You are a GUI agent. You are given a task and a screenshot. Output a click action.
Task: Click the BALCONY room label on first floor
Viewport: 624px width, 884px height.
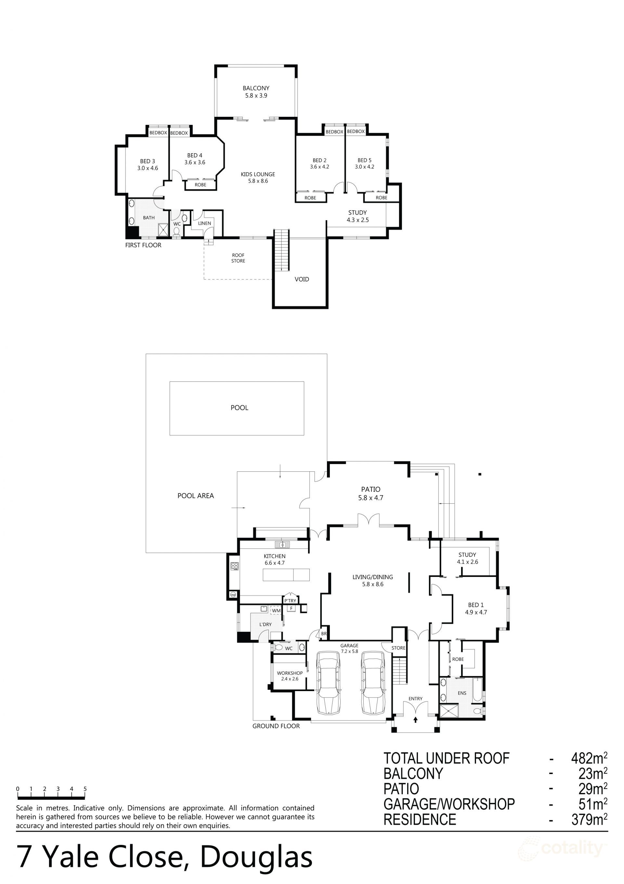pyautogui.click(x=256, y=88)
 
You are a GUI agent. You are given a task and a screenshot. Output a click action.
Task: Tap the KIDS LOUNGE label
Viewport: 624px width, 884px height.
pyautogui.click(x=258, y=174)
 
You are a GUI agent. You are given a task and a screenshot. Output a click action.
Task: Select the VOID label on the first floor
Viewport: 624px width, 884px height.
pyautogui.click(x=302, y=279)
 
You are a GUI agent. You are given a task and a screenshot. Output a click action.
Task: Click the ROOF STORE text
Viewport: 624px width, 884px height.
pyautogui.click(x=238, y=258)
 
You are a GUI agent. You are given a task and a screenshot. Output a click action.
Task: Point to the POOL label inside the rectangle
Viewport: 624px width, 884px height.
pyautogui.click(x=239, y=408)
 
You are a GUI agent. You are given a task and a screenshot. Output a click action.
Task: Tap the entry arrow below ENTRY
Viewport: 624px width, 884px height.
pyautogui.click(x=415, y=719)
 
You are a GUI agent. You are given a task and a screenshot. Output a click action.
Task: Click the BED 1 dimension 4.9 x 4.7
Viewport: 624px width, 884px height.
pyautogui.click(x=476, y=612)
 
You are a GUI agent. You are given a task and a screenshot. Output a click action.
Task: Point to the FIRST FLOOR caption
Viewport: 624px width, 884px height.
pyautogui.click(x=143, y=245)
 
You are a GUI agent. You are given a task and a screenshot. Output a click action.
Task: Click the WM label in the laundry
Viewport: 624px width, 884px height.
pyautogui.click(x=276, y=611)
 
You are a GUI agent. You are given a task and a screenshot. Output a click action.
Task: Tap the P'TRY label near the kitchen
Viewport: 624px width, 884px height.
pyautogui.click(x=290, y=601)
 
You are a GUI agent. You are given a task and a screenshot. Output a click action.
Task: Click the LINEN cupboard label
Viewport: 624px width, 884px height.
pyautogui.click(x=204, y=223)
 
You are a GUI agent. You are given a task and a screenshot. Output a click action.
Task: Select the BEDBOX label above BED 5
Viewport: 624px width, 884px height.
pyautogui.click(x=356, y=131)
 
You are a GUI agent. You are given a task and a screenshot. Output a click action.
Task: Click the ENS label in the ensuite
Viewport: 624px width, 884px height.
pyautogui.click(x=462, y=693)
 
